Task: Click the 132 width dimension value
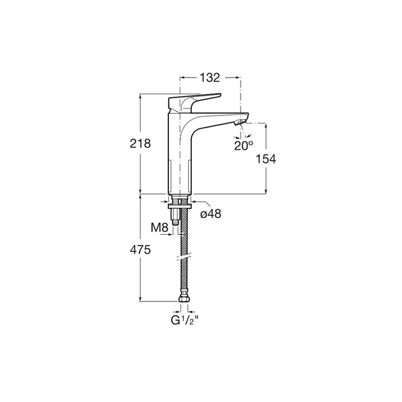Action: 210,78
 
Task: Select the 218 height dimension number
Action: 140,144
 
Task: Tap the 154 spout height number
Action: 266,159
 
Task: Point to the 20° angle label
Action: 243,146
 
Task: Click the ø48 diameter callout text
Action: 211,213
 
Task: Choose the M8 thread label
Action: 160,227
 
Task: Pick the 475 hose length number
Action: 140,250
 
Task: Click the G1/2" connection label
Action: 185,320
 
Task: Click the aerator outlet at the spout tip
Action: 239,123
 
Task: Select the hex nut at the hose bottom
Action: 184,299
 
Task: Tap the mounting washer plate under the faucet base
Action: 180,206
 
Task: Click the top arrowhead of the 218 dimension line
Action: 140,96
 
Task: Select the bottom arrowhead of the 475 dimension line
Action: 140,299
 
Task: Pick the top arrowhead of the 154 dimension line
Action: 266,126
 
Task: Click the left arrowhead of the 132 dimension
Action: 183,78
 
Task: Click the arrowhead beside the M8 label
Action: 171,234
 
